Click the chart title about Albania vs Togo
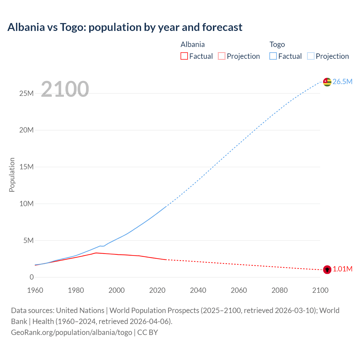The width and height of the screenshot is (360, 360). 125,27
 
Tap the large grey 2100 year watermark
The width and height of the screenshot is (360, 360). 65,89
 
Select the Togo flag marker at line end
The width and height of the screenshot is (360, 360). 327,82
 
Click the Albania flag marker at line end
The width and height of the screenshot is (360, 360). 327,269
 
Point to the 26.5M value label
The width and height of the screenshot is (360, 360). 342,82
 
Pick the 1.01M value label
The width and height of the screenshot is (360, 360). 343,269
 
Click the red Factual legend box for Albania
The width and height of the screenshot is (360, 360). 184,56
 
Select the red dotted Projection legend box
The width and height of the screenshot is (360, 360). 222,56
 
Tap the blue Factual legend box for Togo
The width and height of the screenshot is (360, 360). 273,56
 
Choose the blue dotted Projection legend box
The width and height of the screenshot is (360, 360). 311,56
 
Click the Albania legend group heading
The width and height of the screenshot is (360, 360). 193,44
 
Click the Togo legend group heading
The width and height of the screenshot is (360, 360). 277,44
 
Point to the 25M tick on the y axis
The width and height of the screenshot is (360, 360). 26,93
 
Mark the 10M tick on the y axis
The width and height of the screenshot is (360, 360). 26,204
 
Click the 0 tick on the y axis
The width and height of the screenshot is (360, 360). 31,277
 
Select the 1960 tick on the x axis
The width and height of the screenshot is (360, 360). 35,290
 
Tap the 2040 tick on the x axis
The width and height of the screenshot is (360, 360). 198,290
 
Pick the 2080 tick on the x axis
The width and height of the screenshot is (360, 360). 280,290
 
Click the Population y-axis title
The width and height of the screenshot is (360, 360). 12,175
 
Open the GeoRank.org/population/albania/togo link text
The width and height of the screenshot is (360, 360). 71,332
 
